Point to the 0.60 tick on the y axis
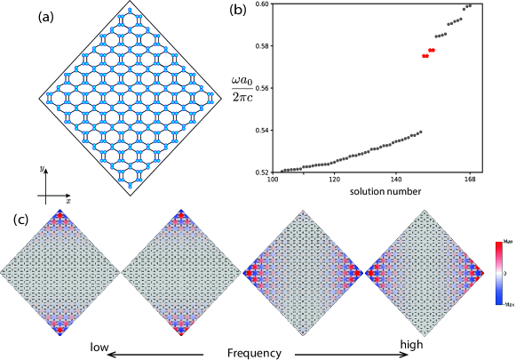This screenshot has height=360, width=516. (x=266, y=4)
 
